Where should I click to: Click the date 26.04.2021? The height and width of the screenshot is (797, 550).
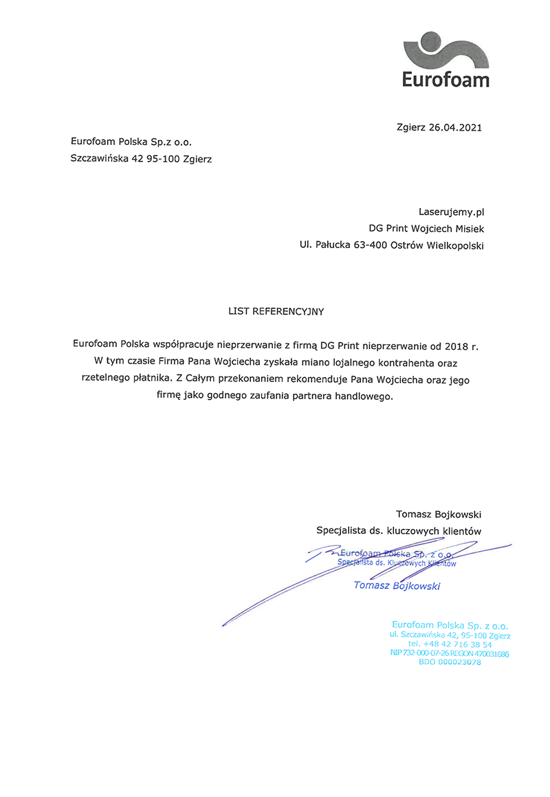[455, 127]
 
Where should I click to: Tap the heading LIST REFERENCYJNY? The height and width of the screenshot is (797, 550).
[276, 311]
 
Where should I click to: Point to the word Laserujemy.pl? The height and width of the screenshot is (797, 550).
[447, 212]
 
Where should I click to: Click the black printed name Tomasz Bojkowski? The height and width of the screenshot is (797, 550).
[439, 514]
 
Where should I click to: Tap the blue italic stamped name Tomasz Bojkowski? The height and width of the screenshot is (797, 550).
[397, 585]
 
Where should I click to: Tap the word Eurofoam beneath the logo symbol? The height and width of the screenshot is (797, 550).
[446, 80]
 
